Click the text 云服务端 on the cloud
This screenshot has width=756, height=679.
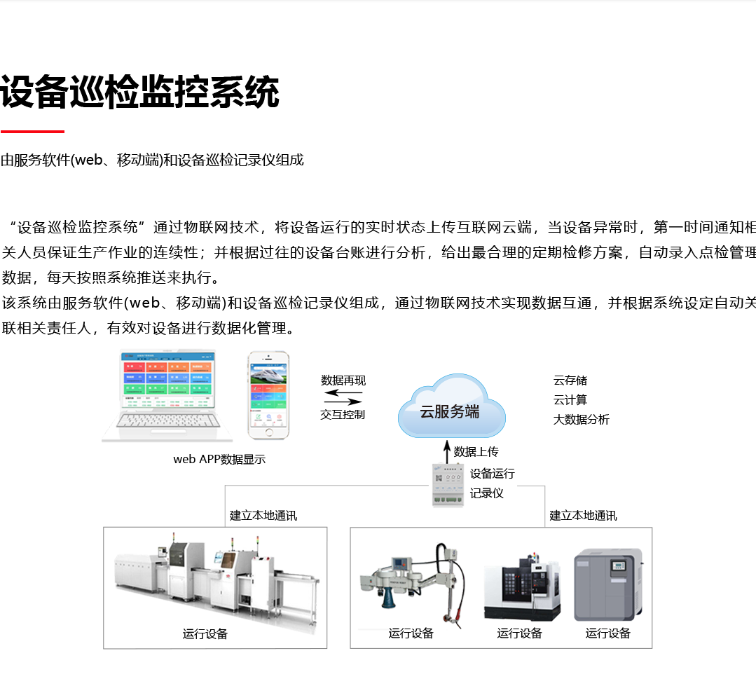(x=449, y=412)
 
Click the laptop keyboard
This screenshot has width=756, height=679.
(x=167, y=420)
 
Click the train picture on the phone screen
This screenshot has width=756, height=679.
(x=269, y=378)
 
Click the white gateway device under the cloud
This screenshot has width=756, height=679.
(x=448, y=483)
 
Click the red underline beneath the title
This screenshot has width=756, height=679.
(x=32, y=131)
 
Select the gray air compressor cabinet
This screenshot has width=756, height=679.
(x=607, y=585)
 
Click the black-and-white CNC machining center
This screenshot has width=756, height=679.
(x=522, y=587)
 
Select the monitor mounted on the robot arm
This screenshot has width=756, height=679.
(x=401, y=563)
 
